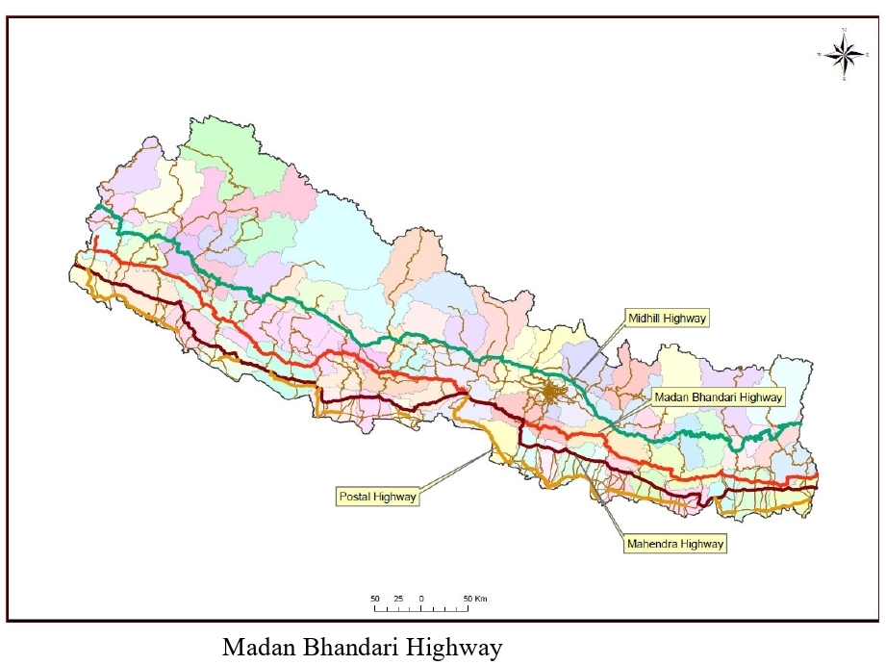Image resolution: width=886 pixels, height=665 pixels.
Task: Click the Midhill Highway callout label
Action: (666, 317)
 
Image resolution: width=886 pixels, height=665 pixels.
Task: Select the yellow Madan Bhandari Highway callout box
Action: (718, 396)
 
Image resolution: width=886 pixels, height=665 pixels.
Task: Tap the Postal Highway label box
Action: (377, 497)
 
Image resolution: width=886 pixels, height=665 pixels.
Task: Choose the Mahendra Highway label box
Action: (673, 544)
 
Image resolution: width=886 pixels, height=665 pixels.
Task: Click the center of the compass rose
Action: (844, 55)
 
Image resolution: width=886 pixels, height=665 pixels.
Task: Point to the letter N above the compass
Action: (844, 31)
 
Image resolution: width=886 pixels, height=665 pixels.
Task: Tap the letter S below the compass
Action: (844, 80)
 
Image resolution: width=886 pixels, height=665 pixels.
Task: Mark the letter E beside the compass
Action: (868, 55)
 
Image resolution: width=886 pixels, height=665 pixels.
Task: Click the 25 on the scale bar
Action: (398, 599)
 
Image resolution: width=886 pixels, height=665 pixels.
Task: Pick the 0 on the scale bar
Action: (421, 599)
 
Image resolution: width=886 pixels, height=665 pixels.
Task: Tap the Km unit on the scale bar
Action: (481, 599)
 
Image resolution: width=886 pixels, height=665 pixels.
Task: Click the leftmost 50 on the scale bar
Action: (375, 599)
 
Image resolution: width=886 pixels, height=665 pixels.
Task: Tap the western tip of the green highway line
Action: (98, 206)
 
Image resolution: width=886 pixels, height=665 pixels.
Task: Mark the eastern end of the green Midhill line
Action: (800, 423)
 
